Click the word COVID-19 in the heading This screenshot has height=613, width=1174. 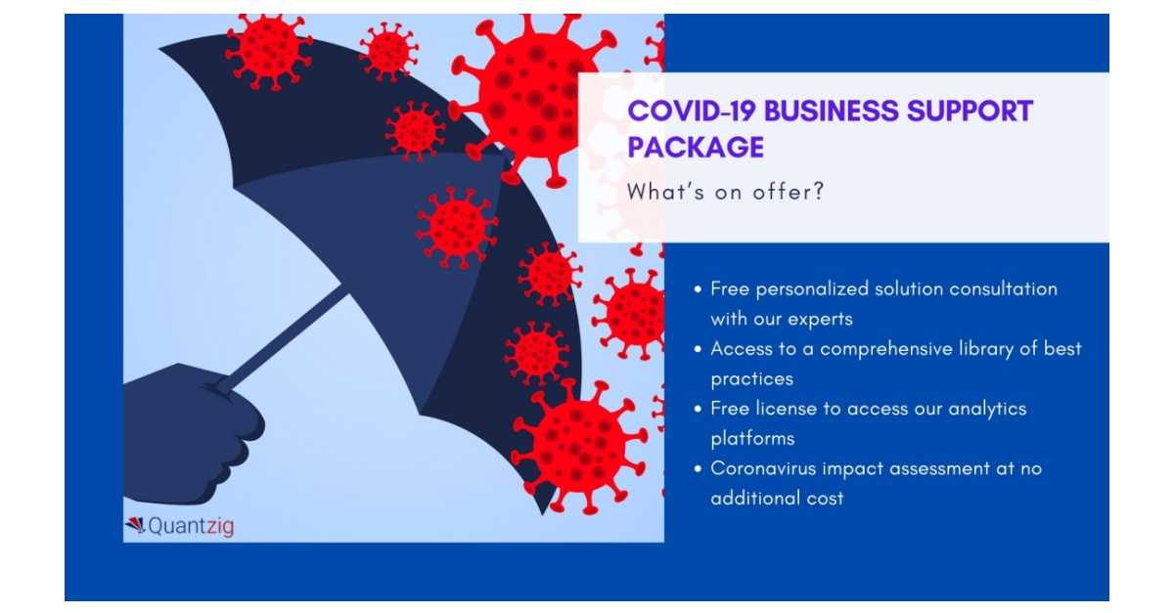(x=692, y=111)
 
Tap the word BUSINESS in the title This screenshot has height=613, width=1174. (x=832, y=111)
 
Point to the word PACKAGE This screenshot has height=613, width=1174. (x=696, y=147)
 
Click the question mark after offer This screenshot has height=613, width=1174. (x=819, y=192)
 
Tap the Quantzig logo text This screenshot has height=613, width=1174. (x=191, y=526)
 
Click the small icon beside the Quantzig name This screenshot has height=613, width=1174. (x=135, y=525)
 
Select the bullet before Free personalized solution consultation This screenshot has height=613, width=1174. (x=698, y=289)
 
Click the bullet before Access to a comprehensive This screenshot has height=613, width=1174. (x=698, y=349)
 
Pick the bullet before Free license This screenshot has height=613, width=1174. (x=698, y=409)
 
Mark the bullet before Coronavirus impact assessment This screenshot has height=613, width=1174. (x=698, y=468)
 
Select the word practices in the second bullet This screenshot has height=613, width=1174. (x=752, y=379)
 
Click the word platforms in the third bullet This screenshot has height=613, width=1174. (x=752, y=439)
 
